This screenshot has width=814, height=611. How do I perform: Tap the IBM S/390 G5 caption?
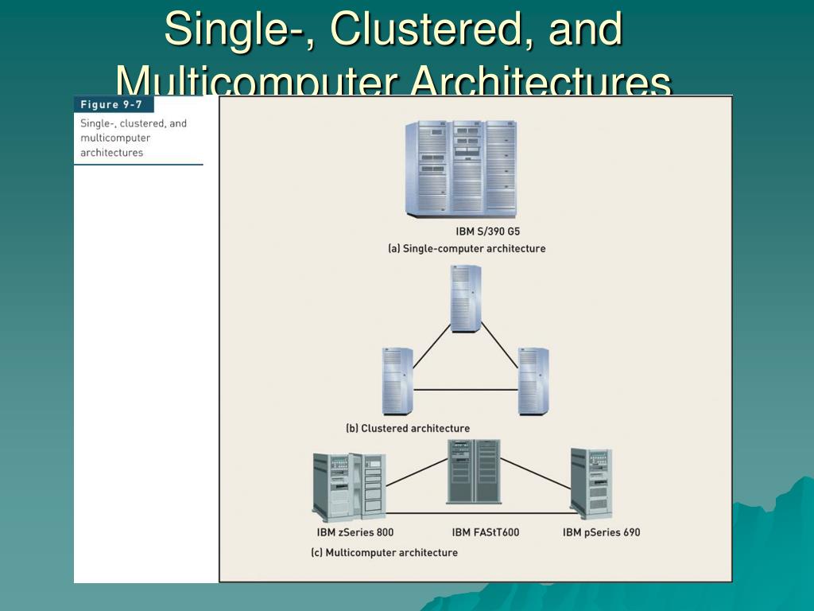click(x=487, y=232)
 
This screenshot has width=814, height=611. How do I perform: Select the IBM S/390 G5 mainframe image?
click(x=460, y=168)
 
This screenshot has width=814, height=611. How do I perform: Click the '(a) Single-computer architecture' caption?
click(x=467, y=248)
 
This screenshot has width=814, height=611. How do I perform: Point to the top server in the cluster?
click(x=466, y=298)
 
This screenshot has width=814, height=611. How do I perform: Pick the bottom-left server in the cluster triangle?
click(x=397, y=380)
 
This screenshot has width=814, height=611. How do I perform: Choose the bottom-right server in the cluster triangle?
click(x=533, y=380)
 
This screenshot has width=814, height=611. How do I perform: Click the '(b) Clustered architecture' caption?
click(x=408, y=428)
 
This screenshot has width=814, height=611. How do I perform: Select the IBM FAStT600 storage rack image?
click(x=474, y=473)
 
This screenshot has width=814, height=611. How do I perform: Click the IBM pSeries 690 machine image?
click(x=591, y=484)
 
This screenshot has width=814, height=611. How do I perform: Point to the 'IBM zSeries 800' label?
click(x=355, y=532)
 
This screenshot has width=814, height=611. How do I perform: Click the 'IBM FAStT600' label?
click(x=486, y=532)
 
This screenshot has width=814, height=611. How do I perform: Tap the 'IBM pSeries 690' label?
click(x=601, y=532)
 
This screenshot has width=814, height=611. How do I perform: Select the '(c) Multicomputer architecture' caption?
click(x=384, y=552)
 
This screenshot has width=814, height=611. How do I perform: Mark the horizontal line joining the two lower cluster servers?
click(x=465, y=389)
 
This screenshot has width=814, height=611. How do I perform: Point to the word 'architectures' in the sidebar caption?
click(x=112, y=153)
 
